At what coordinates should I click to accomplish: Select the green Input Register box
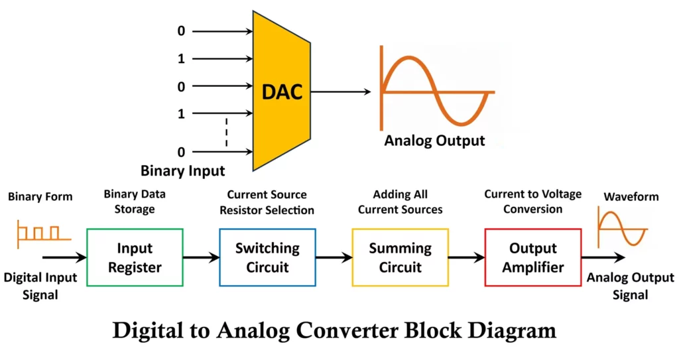[x=135, y=257]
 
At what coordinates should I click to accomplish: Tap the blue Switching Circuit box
[x=267, y=257]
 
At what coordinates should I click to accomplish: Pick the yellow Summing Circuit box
[x=400, y=257]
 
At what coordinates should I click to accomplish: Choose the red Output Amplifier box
[x=532, y=257]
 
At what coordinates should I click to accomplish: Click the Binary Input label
[x=182, y=170]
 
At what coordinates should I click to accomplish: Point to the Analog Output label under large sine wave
[x=434, y=141]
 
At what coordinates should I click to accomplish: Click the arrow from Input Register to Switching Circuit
[x=201, y=257]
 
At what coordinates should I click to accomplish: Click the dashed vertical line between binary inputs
[x=226, y=133]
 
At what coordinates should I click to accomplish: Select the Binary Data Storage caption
[x=135, y=201]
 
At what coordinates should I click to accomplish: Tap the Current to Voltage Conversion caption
[x=532, y=201]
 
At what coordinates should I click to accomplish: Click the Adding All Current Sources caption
[x=400, y=202]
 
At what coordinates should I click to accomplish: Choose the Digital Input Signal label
[x=40, y=286]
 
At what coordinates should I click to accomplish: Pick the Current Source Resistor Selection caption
[x=267, y=202]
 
